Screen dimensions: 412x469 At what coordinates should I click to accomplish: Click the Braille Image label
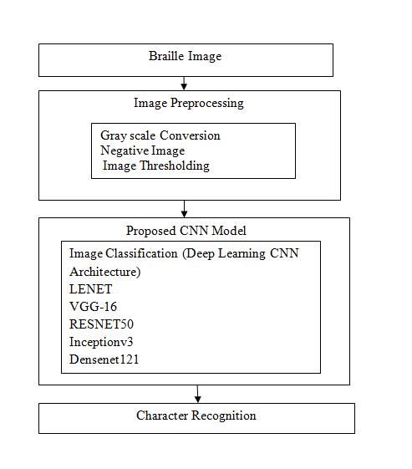coord(185,56)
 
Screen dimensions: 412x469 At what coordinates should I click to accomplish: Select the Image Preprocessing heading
coord(189,103)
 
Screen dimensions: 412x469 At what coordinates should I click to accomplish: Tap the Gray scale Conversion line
coord(160,135)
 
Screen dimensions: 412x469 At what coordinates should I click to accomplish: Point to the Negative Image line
coord(142,150)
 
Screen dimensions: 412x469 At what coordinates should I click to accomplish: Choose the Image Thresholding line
coord(156,166)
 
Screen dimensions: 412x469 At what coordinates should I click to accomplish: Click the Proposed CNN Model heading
coord(186,231)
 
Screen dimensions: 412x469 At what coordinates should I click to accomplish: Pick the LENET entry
coord(90,289)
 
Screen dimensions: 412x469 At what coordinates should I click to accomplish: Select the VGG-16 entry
coord(93,307)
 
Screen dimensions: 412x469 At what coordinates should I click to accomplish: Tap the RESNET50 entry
coord(101,324)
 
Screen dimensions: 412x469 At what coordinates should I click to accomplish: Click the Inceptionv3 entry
coord(101,342)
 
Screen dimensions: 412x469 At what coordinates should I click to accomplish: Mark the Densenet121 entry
coord(104,359)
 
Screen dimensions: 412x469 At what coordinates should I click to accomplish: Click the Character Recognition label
coord(196,415)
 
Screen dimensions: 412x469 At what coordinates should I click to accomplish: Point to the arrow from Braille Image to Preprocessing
coord(184,83)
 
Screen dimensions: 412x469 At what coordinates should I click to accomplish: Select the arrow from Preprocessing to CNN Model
coord(184,209)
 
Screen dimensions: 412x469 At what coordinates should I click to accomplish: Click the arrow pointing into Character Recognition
coord(197,394)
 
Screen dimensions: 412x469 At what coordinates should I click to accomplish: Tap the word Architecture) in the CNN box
coord(105,273)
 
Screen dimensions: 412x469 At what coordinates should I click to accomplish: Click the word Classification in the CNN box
coord(141,253)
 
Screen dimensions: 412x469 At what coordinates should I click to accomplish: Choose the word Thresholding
coord(175,166)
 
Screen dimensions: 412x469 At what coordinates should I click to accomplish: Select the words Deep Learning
coord(224,254)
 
